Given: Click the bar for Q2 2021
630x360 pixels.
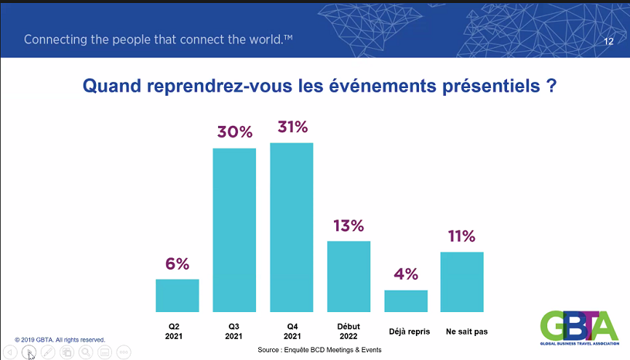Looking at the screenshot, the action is tap(177, 295).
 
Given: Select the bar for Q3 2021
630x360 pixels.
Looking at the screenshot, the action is tap(234, 230).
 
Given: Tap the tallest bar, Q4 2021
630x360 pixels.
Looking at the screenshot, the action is tap(291, 227).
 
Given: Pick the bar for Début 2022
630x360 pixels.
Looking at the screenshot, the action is tap(349, 277).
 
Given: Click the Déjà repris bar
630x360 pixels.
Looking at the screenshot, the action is tap(406, 301).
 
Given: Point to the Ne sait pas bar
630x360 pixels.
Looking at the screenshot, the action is tap(462, 282).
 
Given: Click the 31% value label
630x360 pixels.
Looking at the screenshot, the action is tap(292, 127).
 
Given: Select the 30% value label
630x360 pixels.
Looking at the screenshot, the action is tap(235, 132).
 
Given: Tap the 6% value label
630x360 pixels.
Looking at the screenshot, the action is tap(177, 264).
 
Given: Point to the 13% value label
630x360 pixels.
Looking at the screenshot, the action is tap(349, 226).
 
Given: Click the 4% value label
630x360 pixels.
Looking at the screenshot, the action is tap(406, 274).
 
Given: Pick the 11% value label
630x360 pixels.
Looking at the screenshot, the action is tap(461, 236).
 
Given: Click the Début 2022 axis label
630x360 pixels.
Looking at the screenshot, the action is tap(349, 331).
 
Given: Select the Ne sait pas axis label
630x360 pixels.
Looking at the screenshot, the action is tap(466, 331).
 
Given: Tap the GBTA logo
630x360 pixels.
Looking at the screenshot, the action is tap(580, 328).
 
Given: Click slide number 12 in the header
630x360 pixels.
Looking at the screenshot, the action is tap(608, 42).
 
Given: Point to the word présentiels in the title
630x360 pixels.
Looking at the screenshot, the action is tap(491, 86).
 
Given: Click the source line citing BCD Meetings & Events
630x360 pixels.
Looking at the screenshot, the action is tap(319, 350).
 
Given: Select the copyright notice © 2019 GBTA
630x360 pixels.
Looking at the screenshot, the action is tap(60, 340).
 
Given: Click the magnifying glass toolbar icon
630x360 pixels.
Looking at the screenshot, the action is tap(86, 352).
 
